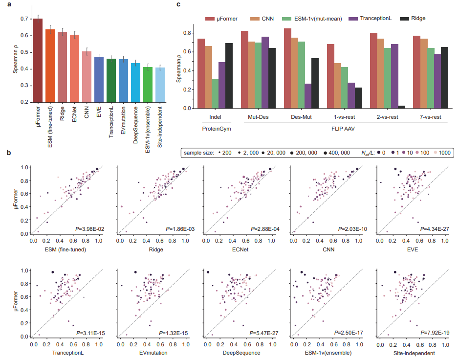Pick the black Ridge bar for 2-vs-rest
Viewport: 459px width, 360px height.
tap(402, 106)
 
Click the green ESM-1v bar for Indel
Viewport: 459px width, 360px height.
tap(215, 93)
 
